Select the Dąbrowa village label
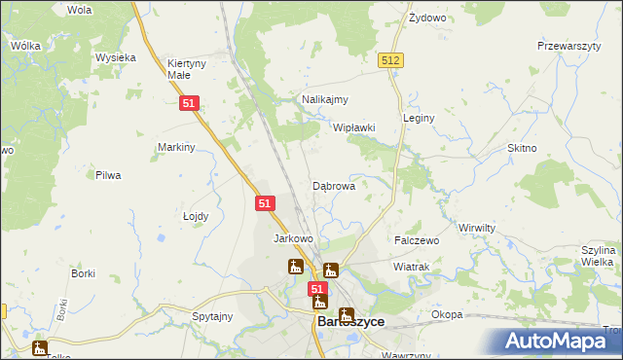pos(334,185)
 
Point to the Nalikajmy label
pos(325,99)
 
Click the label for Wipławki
pos(354,127)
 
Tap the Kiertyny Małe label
pos(187,68)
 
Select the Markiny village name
pos(177,147)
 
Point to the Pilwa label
pos(107,175)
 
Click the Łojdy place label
pos(197,217)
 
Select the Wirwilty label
pos(478,227)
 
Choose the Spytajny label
pos(212,316)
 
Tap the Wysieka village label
pos(115,57)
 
